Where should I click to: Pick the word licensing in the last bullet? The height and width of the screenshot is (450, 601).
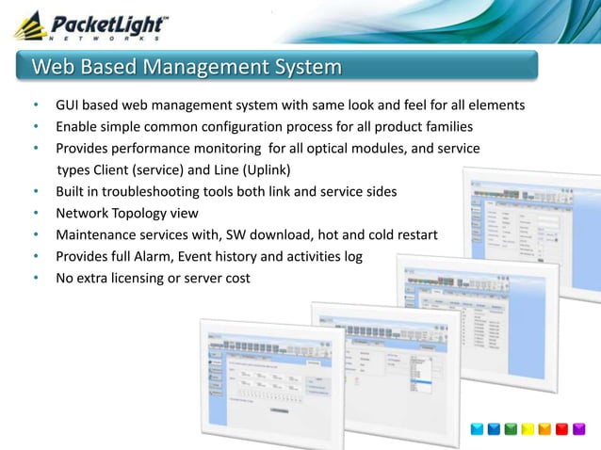tap(145, 279)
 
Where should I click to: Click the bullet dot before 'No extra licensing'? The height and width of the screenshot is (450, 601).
tap(35, 279)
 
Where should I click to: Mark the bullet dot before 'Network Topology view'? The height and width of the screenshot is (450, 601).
tap(35, 214)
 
